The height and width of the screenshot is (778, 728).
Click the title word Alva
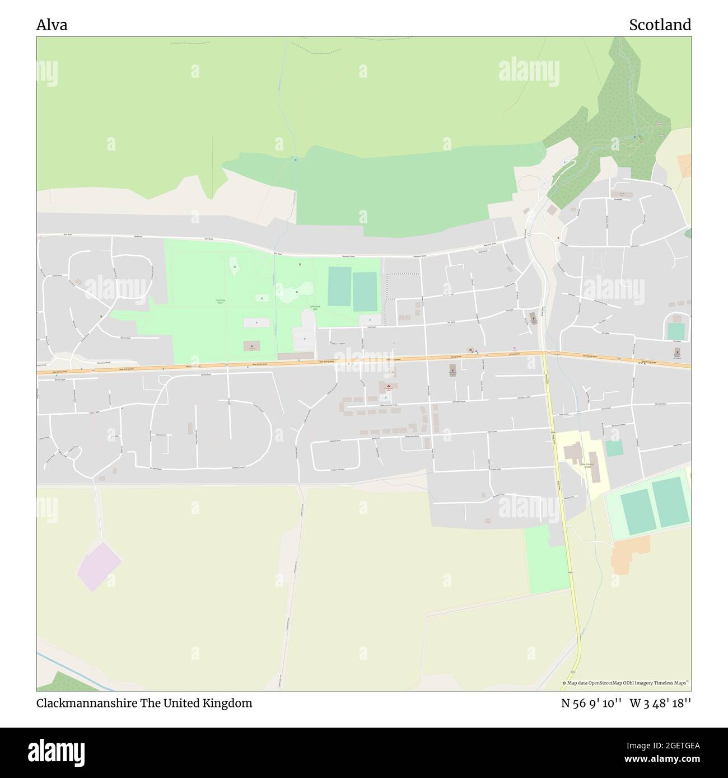52,25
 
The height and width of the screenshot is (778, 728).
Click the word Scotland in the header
660,25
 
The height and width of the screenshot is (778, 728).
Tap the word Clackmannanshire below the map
87,703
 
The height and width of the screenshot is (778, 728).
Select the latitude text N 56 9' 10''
591,703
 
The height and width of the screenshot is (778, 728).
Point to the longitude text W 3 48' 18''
660,703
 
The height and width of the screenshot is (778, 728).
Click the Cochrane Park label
220,301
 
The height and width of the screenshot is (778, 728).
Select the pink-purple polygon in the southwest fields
99,566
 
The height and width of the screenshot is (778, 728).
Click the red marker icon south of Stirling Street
388,386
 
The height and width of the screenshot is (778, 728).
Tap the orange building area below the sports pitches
631,554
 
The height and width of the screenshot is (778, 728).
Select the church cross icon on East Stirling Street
676,353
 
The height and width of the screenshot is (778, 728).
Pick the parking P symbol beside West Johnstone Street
386,397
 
